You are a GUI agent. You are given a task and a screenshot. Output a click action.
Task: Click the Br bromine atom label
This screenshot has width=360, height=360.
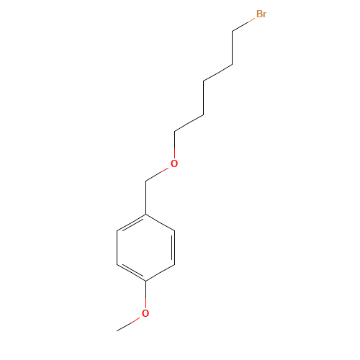261,14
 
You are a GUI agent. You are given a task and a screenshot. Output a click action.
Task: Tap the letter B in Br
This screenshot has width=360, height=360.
258,14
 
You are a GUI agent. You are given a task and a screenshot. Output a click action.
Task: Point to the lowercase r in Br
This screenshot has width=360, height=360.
265,15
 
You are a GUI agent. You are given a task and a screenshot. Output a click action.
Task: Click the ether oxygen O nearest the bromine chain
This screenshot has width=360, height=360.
174,164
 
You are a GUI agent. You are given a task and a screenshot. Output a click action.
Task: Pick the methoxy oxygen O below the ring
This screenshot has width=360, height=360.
145,313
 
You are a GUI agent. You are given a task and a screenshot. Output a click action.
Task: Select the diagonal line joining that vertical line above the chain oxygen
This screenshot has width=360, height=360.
189,122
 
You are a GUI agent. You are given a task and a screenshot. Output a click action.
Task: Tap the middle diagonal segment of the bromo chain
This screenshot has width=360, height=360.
217,72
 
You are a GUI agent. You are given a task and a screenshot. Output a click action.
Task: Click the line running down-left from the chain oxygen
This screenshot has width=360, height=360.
157,174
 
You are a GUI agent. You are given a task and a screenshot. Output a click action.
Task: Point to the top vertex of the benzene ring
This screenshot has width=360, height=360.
146,215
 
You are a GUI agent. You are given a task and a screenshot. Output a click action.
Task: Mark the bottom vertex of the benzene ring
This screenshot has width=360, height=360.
146,281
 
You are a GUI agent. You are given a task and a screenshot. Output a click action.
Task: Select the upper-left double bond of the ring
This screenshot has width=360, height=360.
131,223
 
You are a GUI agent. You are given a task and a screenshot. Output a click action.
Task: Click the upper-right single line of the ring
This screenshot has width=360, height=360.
161,222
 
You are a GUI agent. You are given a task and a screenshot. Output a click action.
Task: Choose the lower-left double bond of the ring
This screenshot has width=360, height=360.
131,272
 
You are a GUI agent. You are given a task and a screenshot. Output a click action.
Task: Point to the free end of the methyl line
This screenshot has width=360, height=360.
117,330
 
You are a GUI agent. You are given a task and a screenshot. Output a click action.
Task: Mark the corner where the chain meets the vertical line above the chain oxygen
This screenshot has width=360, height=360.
174,132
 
